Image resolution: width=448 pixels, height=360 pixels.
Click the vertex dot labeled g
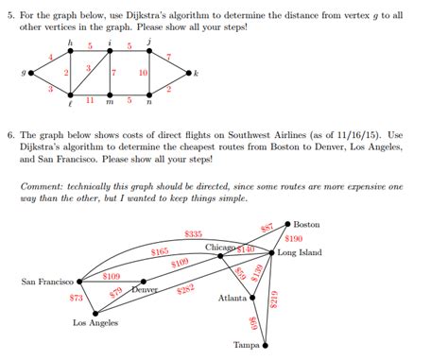31,72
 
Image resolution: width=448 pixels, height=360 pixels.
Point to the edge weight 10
143,73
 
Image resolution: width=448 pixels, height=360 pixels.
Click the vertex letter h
70,43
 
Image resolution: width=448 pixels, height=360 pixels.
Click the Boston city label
307,224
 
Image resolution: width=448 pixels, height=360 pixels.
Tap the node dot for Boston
287,224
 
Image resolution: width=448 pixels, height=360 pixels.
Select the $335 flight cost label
193,233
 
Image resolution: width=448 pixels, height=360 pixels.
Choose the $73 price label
77,298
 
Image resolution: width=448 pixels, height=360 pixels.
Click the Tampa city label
247,345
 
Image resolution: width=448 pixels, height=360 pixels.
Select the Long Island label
300,253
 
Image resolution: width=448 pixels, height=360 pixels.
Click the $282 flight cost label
186,289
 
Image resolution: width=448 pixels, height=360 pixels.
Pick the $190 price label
292,239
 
